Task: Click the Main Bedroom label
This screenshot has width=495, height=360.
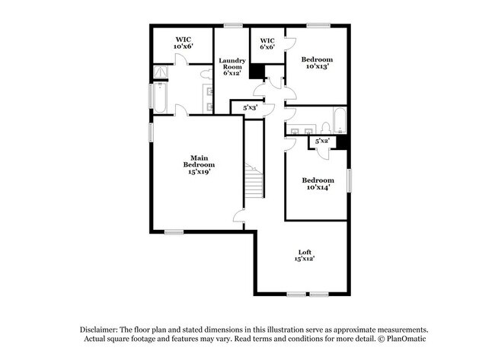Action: pos(199,164)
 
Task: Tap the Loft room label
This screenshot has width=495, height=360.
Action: pos(305,255)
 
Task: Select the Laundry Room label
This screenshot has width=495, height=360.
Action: pos(232,66)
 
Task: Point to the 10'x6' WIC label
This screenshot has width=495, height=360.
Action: pos(183,43)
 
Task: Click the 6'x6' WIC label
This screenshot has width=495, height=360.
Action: pos(267,43)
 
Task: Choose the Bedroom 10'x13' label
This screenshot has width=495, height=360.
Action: pos(317,62)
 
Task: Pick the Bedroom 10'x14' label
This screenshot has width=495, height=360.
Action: pos(318,183)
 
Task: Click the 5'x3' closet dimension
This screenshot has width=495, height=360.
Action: pos(251,107)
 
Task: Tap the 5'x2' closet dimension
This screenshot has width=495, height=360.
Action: pos(322,141)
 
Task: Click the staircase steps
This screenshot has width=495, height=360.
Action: pos(254,180)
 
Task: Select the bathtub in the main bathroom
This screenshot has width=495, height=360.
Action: pos(160,97)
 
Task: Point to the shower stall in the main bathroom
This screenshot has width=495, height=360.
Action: pos(161,72)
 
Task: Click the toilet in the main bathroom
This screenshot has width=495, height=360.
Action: pos(206,75)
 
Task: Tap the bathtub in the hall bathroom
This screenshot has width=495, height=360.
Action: pos(340,120)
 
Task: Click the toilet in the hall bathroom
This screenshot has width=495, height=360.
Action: pos(325,128)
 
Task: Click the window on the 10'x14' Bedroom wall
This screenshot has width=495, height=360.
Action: pos(349,180)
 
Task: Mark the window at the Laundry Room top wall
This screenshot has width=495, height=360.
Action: pos(233,25)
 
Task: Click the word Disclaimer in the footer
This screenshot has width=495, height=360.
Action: pos(99,330)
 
